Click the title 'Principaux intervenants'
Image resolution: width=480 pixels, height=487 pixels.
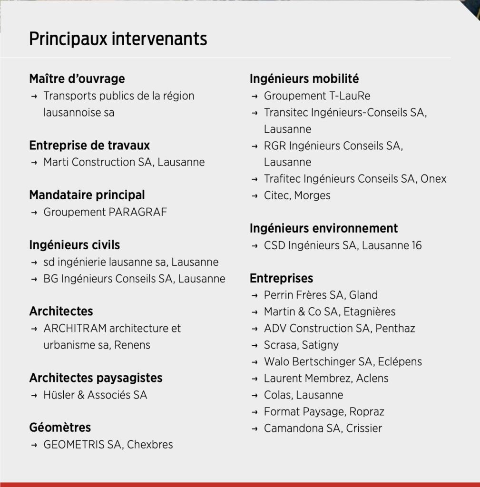pyautogui.click(x=118, y=39)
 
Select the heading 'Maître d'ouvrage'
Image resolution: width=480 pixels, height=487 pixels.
pyautogui.click(x=77, y=78)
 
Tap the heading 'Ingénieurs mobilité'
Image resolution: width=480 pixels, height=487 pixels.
pyautogui.click(x=304, y=78)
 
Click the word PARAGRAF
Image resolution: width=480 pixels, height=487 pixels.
pyautogui.click(x=138, y=212)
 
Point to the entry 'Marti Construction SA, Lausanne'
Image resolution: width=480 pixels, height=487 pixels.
pyautogui.click(x=124, y=162)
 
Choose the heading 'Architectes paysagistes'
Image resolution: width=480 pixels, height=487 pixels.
pyautogui.click(x=96, y=378)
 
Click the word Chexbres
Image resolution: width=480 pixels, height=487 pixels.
pyautogui.click(x=150, y=445)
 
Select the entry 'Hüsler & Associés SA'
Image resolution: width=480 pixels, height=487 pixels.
pyautogui.click(x=95, y=395)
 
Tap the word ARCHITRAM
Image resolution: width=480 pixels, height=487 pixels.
pyautogui.click(x=75, y=329)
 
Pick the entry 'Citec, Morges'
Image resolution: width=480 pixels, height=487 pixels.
pyautogui.click(x=297, y=195)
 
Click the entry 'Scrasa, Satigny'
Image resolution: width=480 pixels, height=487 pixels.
pyautogui.click(x=301, y=345)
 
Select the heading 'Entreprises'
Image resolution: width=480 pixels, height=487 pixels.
pyautogui.click(x=281, y=278)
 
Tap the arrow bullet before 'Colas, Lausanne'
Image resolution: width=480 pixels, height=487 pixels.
pyautogui.click(x=255, y=395)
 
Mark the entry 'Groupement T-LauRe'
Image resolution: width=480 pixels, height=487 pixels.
pyautogui.click(x=317, y=96)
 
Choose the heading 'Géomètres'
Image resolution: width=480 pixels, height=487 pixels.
pyautogui.click(x=60, y=428)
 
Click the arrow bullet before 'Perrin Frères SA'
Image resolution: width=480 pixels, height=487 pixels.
pyautogui.click(x=255, y=295)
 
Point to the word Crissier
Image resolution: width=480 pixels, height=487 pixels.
pyautogui.click(x=364, y=428)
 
